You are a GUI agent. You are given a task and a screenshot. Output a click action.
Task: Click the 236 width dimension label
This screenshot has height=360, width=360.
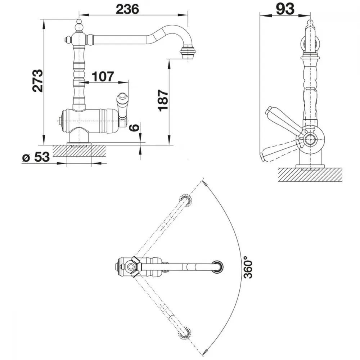coord(127,9)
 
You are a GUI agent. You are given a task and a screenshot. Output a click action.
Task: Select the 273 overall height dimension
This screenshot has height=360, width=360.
coord(38,81)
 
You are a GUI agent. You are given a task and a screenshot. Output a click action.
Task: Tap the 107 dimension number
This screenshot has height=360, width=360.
coord(103,76)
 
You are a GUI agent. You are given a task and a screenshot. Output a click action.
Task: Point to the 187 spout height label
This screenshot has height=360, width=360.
coord(164,101)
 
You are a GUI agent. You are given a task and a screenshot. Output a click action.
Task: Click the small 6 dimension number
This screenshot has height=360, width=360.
coord(135,127)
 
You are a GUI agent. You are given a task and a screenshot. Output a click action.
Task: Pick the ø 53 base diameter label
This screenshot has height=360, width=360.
coord(36,157)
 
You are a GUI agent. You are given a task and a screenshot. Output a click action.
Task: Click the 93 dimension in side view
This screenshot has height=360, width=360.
coord(285,9)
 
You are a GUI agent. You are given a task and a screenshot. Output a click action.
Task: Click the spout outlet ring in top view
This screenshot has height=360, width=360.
coord(217,267)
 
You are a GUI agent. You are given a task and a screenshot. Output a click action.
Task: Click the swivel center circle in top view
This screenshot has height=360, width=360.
coord(131,266)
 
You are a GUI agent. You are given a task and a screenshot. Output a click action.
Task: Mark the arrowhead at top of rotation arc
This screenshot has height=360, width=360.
coord(205,183)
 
